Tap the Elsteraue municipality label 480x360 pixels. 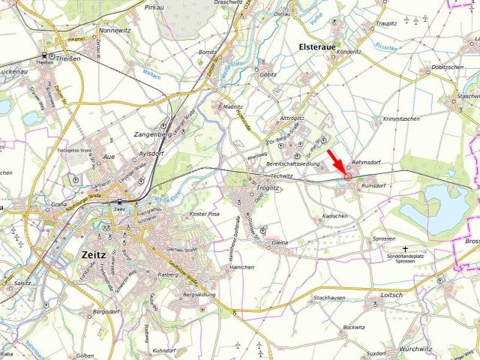tap(321, 44)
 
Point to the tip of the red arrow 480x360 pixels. tap(346, 174)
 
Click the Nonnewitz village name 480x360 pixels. tap(115, 31)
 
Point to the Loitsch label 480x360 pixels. tap(391, 295)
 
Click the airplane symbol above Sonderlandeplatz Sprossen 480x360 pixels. tap(406, 248)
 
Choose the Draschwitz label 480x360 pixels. tap(229, 3)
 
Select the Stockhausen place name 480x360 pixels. tap(329, 298)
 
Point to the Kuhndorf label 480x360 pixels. tap(164, 350)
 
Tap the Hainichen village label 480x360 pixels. tap(242, 267)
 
